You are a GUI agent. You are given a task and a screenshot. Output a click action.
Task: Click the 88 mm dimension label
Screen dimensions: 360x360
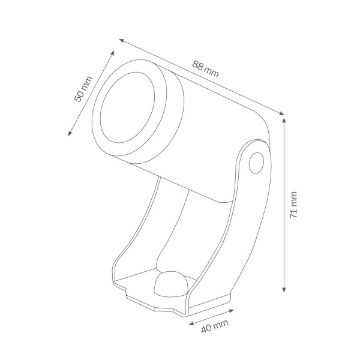205,69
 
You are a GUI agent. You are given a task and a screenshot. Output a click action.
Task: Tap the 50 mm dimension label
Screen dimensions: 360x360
83,89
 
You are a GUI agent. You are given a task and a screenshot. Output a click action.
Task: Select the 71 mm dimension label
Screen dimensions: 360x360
293,205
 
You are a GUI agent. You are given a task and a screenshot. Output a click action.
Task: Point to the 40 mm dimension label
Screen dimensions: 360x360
215,326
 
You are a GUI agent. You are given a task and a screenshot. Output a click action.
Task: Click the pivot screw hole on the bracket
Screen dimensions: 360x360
256,163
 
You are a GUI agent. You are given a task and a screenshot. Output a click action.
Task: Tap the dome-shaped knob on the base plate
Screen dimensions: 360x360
171,284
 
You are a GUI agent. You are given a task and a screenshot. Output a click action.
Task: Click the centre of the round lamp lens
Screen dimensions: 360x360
127,107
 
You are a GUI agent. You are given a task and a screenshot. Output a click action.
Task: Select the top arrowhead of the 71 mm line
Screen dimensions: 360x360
284,120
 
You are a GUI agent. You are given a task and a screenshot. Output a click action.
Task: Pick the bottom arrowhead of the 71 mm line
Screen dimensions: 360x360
284,289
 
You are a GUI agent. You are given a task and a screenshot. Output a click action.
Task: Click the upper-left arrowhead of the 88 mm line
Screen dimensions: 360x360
122,41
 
